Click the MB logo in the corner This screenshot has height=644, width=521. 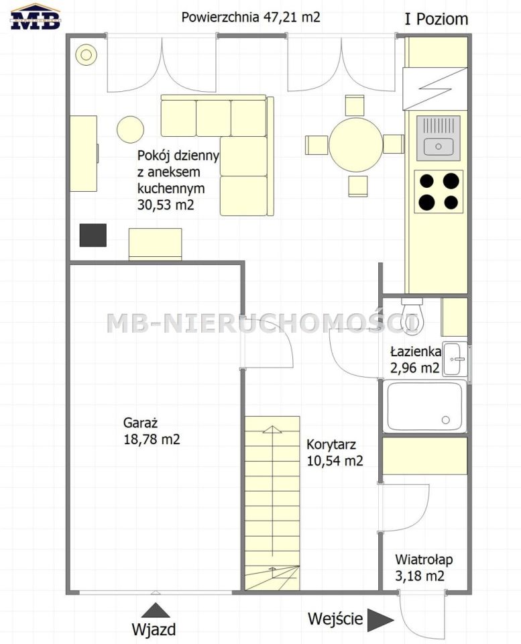pos(36,17)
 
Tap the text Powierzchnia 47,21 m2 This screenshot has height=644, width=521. pos(250,17)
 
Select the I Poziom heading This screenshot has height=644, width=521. pos(436,19)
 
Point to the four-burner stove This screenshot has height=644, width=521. pos(439,191)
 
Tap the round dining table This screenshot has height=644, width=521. pos(355,145)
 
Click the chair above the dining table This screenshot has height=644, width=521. pos(355,105)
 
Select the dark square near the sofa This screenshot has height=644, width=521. pos(93,235)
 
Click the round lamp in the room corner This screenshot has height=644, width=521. pos(86,54)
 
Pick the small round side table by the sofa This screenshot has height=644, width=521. pos(131,129)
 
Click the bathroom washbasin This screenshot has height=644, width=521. pos(455,359)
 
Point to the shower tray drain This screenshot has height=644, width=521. pos(445,420)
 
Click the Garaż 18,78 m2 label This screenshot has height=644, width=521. pos(152,431)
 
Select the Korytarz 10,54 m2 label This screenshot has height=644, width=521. pos(335,453)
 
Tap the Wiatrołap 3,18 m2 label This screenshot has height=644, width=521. pos(423,568)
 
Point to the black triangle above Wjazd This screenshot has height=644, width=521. pos(156,610)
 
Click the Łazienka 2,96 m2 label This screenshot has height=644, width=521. pos(416,360)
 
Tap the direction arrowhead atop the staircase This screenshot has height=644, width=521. pos(272,429)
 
